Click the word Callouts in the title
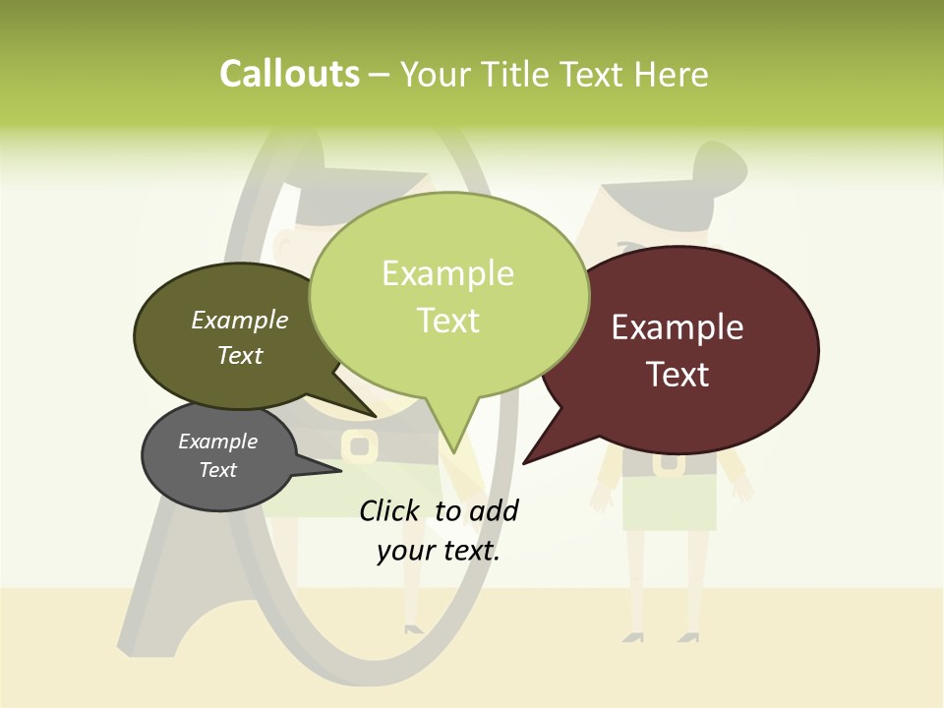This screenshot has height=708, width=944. point(289,74)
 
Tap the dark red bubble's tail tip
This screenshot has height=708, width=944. point(524,462)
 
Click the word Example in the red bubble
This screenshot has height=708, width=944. point(678,327)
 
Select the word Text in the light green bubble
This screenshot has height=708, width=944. point(448,321)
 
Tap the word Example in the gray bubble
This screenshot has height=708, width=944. point(218,442)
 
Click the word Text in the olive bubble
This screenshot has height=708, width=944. point(240,355)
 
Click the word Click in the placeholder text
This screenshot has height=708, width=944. point(391,510)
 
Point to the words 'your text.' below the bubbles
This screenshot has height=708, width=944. point(439,552)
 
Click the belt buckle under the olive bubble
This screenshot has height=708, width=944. point(360,446)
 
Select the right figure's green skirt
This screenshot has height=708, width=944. point(670,506)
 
